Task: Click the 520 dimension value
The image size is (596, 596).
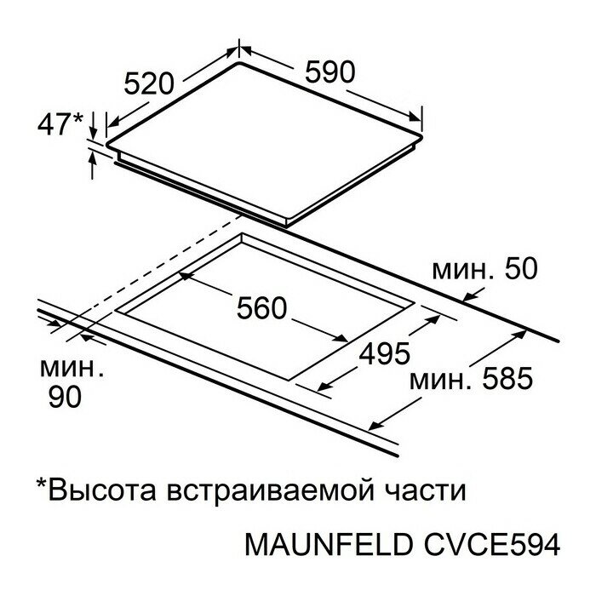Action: [x=149, y=83]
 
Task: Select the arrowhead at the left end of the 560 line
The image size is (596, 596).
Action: [x=185, y=278]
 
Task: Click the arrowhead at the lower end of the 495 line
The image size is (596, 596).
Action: [x=324, y=389]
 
